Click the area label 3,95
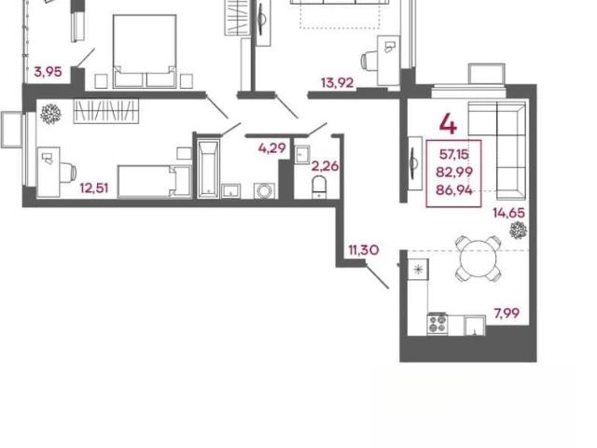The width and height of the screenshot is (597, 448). tap(48, 72)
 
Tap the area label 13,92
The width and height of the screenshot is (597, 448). tap(338, 83)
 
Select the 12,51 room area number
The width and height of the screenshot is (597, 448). tap(94, 188)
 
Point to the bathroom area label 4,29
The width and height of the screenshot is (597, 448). tap(271, 147)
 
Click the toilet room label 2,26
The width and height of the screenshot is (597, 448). tap(326, 166)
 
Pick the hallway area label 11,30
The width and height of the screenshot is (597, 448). tap(364, 250)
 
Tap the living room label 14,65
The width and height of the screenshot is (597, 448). tap(509, 213)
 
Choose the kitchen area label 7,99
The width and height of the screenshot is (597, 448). tap(507, 314)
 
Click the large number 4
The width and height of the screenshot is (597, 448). tap(448, 124)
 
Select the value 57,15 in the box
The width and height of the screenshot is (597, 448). tap(454, 154)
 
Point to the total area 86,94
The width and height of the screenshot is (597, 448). tap(454, 189)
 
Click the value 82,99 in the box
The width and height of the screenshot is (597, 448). tap(454, 172)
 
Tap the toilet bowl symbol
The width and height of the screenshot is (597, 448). tap(319, 187)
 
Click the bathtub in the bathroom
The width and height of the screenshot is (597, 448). tap(208, 169)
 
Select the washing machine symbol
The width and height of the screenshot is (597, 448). tap(265, 190)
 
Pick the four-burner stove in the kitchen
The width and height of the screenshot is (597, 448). tap(437, 324)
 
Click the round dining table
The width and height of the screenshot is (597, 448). tap(479, 259)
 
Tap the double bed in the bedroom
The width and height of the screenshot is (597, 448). tap(145, 51)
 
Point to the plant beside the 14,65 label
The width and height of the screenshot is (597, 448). tap(519, 231)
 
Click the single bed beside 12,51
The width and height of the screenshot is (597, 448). tap(154, 181)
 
